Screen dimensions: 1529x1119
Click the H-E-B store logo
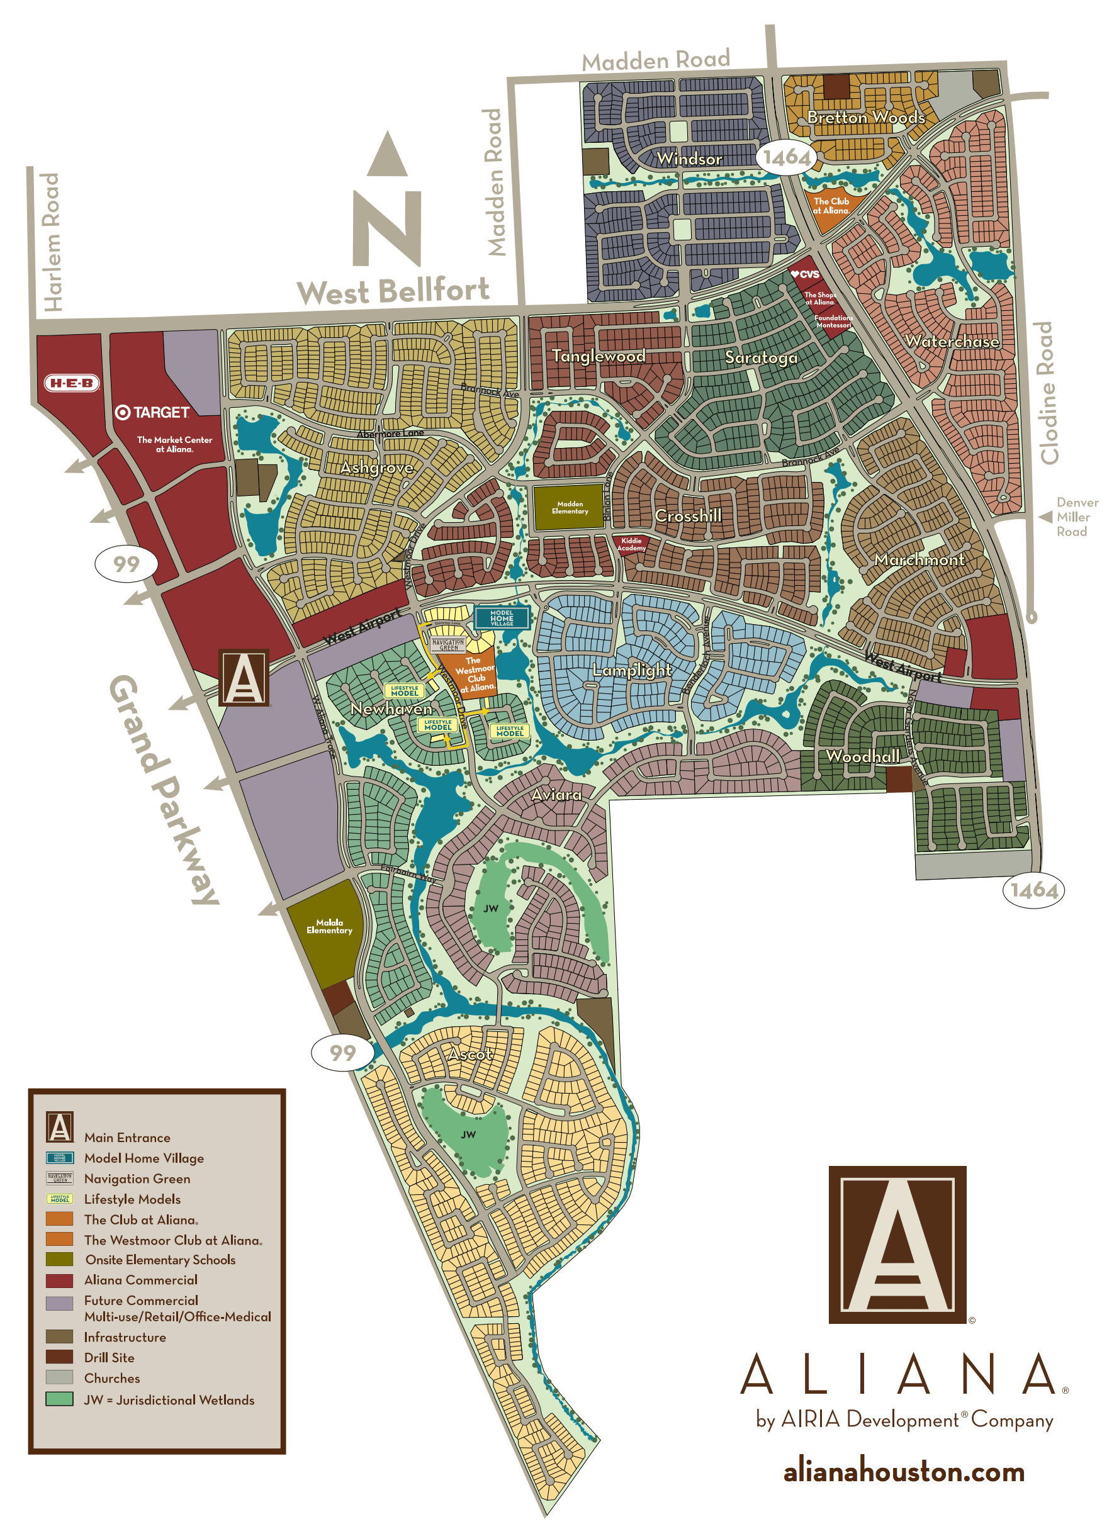72,383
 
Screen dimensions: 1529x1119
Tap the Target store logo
152,412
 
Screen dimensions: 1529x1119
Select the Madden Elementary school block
569,507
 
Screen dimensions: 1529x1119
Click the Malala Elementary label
329,926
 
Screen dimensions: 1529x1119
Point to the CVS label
806,274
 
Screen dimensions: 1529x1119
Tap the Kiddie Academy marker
631,544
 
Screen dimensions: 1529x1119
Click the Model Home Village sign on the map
501,617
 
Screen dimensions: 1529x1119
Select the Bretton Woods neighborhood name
865,118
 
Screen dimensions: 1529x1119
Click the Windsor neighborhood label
689,159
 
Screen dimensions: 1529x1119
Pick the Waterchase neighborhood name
952,341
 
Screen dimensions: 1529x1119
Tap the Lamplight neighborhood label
632,670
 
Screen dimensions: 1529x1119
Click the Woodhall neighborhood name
862,756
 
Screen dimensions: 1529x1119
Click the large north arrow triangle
388,154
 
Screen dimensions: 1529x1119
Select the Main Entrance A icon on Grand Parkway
244,677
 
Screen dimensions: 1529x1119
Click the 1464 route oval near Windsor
787,158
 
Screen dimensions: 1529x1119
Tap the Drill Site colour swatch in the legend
60,1357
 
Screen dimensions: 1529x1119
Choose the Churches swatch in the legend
60,1377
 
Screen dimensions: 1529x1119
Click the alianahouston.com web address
904,1472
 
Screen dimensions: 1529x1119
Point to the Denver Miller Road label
1076,517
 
